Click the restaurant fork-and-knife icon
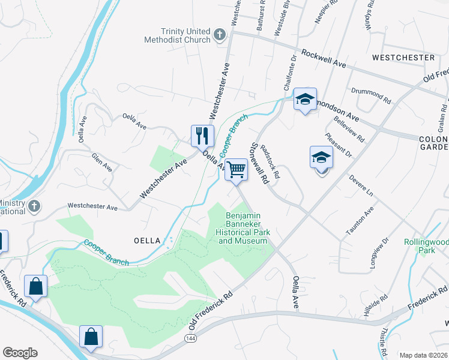coord(202,135)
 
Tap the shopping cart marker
coord(237,169)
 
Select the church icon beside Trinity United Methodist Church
coord(220,35)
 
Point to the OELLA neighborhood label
coord(146,241)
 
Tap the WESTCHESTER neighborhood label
coord(403,58)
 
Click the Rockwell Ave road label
coord(325,58)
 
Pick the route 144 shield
coord(190,339)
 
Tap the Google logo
coord(20,353)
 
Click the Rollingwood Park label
coord(426,246)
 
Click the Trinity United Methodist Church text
coord(177,35)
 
